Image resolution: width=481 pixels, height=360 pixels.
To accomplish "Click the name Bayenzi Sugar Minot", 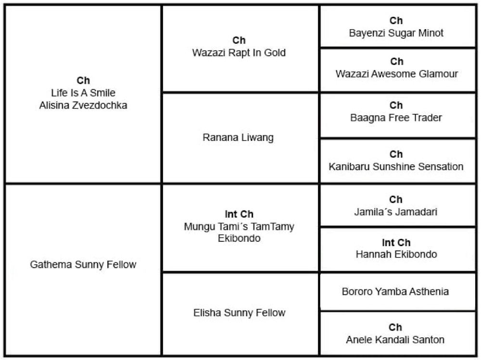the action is click(396, 33).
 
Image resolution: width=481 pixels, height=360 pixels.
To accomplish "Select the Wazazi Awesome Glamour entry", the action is click(397, 74).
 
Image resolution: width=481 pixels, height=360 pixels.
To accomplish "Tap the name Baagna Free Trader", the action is click(396, 118).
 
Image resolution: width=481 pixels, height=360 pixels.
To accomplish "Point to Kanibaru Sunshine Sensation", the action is click(396, 166).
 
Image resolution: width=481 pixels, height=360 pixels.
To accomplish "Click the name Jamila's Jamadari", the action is click(396, 212).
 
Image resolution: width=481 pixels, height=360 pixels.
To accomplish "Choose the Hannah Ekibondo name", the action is click(396, 254).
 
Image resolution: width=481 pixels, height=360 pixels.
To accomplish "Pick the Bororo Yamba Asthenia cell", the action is click(395, 291).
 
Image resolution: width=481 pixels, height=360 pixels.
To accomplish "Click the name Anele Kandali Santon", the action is click(395, 340).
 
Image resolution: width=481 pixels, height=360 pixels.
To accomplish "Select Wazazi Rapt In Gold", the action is click(239, 53).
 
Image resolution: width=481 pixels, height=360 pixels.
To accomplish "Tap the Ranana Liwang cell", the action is click(238, 137).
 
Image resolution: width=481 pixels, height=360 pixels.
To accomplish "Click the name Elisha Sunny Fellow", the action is click(239, 313).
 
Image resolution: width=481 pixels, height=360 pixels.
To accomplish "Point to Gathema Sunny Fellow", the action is click(83, 264).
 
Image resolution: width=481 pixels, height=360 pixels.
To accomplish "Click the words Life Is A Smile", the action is click(83, 93).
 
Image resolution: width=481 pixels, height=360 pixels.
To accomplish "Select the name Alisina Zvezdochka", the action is click(83, 105).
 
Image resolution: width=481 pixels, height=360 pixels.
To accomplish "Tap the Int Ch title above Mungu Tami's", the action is click(239, 214).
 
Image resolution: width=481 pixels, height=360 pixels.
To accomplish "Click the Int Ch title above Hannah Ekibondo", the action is click(396, 243).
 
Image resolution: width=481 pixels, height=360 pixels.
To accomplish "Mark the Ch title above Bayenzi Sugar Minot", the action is click(396, 21).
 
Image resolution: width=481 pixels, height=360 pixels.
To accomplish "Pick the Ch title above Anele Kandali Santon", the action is click(395, 327).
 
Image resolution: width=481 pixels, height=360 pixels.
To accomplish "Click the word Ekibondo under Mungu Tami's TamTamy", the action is click(239, 238).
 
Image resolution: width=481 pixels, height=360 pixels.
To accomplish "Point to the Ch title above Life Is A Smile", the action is click(83, 81).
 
